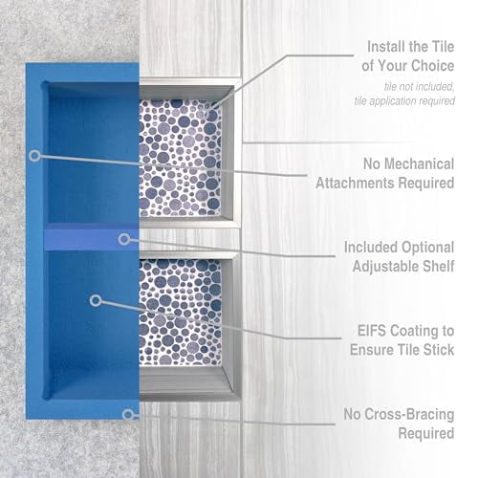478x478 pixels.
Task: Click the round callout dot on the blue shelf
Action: point(123,238)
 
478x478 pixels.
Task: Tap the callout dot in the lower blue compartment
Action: point(95,300)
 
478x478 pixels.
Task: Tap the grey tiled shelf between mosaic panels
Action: point(186,236)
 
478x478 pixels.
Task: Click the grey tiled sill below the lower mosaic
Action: point(186,387)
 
